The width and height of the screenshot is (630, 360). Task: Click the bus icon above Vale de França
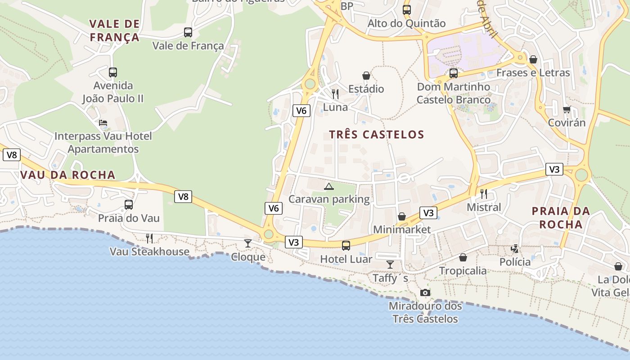click(188, 32)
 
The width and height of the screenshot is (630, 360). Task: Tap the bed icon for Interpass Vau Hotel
click(103, 123)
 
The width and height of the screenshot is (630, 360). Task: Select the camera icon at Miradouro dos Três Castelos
click(425, 293)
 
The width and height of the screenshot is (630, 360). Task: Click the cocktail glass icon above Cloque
click(248, 243)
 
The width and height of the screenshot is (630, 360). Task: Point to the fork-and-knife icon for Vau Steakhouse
click(149, 238)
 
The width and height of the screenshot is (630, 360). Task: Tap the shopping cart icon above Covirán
click(567, 109)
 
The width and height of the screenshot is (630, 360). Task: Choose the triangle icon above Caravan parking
click(329, 186)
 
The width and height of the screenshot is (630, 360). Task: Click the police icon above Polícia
click(515, 248)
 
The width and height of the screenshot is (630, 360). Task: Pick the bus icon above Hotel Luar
click(346, 245)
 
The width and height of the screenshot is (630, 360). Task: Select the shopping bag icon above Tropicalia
click(463, 257)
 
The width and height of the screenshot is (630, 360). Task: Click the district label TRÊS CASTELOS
click(377, 135)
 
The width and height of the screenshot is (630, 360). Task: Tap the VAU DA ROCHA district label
click(68, 175)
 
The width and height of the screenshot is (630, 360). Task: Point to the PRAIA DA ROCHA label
click(561, 217)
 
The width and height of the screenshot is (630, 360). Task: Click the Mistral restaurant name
click(484, 207)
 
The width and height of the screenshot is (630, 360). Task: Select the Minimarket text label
click(402, 229)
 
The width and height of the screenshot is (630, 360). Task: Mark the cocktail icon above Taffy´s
click(390, 265)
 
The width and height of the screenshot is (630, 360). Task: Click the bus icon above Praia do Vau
click(129, 205)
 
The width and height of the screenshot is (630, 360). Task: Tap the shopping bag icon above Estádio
click(366, 76)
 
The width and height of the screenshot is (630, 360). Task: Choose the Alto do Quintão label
click(407, 23)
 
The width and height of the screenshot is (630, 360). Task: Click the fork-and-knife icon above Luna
click(335, 94)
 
